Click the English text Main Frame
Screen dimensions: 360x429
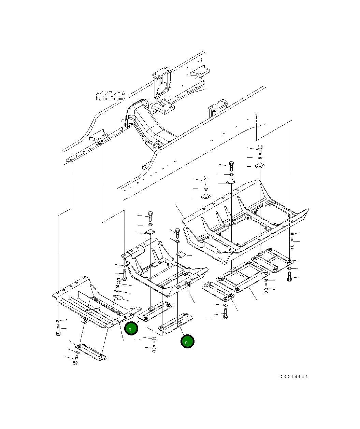110,99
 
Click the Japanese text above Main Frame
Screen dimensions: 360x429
110,93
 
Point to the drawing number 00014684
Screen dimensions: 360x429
294,377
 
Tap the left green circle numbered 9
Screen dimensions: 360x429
131,328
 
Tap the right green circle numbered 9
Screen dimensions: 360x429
187,342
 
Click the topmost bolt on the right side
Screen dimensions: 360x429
260,150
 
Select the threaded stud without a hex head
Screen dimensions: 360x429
205,181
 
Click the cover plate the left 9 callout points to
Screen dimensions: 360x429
155,311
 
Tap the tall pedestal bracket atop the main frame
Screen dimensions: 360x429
162,82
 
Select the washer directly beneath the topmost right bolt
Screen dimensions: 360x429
260,158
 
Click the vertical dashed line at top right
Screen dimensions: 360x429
256,127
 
